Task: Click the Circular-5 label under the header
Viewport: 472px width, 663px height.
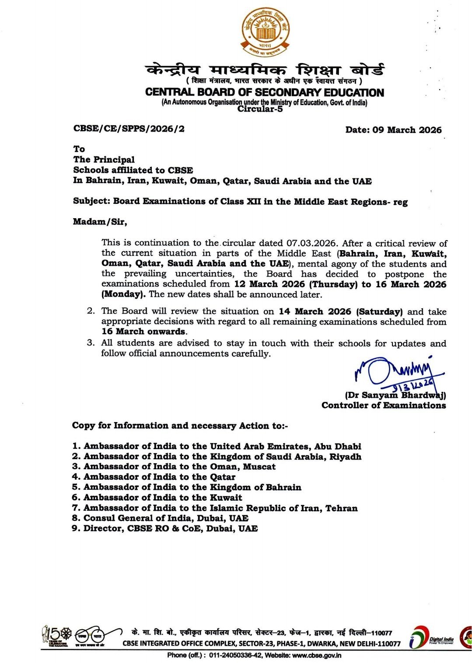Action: point(260,109)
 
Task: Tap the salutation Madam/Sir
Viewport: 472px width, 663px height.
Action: point(100,222)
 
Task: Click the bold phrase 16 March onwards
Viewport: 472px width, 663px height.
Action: point(143,331)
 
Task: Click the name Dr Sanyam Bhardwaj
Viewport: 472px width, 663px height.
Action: point(395,395)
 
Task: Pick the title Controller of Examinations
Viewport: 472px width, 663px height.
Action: point(384,405)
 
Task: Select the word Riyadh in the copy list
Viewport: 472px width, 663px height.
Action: point(343,457)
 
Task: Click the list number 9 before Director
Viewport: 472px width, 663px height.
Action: point(76,529)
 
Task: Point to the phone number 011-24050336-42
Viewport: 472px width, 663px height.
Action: point(236,655)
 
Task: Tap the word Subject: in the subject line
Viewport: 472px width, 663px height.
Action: point(91,202)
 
